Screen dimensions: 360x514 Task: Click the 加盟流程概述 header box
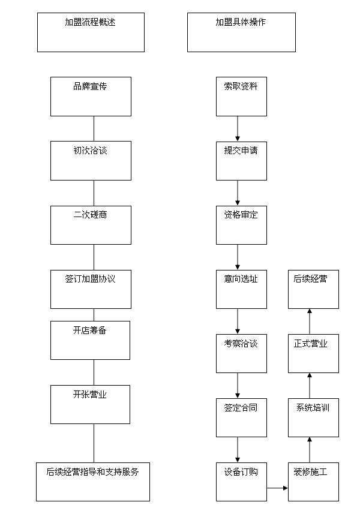click(91, 32)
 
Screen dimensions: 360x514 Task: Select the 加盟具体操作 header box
click(241, 32)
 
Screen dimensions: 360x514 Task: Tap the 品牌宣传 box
click(91, 97)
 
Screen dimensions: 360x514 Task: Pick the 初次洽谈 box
click(91, 161)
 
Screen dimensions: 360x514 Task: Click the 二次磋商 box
click(91, 225)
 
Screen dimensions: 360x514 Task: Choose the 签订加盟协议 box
click(91, 289)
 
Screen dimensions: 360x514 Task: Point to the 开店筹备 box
click(90, 340)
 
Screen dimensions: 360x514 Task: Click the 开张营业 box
click(90, 404)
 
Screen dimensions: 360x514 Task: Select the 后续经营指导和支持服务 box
click(93, 482)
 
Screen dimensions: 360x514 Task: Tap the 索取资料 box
click(241, 97)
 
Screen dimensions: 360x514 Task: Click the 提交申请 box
click(241, 161)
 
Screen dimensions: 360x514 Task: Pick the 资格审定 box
click(241, 225)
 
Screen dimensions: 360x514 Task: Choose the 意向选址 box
click(241, 289)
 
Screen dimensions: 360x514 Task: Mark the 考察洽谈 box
click(241, 353)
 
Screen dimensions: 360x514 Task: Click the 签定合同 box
click(241, 417)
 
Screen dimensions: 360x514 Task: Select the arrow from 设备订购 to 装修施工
click(277, 488)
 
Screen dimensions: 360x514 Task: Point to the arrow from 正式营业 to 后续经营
click(310, 321)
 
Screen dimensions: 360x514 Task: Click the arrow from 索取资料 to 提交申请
click(238, 129)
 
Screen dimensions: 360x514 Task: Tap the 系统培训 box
click(313, 417)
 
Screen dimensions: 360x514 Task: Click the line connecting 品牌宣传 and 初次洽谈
click(94, 128)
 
